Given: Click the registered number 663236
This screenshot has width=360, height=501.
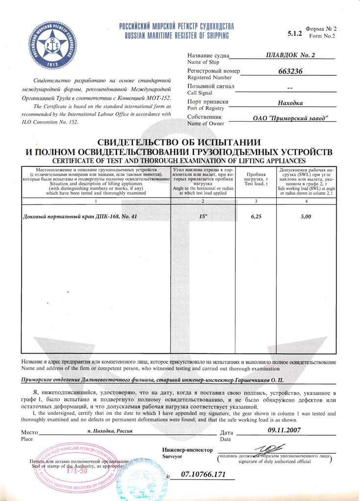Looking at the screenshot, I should point(291,71).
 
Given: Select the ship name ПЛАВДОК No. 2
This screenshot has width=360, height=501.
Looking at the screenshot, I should point(291,55).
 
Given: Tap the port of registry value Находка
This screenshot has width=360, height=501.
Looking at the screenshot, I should point(291,103).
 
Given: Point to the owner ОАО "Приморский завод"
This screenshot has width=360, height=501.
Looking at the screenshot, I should point(291,118).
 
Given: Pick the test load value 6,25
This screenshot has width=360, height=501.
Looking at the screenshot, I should point(256,216).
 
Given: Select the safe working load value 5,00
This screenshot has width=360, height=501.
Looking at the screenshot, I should point(306,216).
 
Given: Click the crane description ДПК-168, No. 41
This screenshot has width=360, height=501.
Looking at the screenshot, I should point(81,216).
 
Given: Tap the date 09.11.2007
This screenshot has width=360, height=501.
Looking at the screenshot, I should point(284,430).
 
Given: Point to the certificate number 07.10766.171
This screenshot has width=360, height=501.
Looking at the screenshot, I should point(203,474).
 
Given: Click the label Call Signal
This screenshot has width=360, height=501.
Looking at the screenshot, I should point(201,92).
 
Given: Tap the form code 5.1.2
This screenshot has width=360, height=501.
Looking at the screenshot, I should point(294,34).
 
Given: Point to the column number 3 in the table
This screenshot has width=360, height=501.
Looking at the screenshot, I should point(256,201).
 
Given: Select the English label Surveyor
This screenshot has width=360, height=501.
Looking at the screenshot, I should point(172,456).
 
